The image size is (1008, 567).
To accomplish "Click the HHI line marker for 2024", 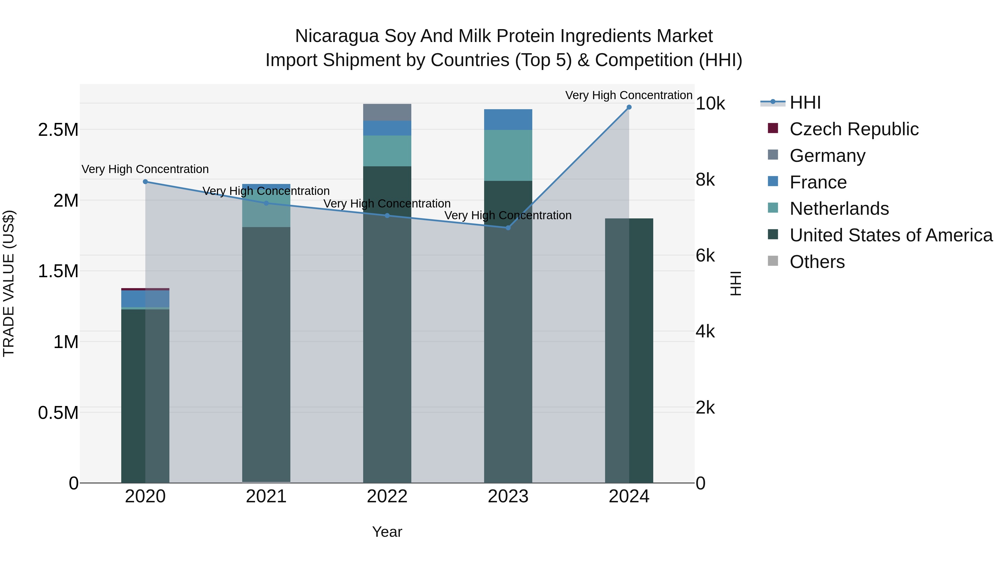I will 629,107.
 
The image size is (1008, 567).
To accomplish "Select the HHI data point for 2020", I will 145,181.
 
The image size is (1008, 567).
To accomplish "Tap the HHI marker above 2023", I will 508,228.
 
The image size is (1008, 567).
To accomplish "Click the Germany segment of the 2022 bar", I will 387,112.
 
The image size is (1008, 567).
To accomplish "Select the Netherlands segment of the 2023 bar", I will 508,155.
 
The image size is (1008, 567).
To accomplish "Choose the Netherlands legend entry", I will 839,209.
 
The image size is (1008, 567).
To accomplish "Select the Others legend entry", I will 817,262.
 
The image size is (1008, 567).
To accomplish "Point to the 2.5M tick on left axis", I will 58,130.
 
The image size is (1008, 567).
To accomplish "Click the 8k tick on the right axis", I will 705,180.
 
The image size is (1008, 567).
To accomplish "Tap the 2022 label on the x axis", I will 387,496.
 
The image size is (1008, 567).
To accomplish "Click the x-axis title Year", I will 387,532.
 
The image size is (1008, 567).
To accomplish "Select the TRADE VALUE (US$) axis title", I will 9,283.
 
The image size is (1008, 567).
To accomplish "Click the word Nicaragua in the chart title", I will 337,36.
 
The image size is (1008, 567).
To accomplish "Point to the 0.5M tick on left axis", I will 58,413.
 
